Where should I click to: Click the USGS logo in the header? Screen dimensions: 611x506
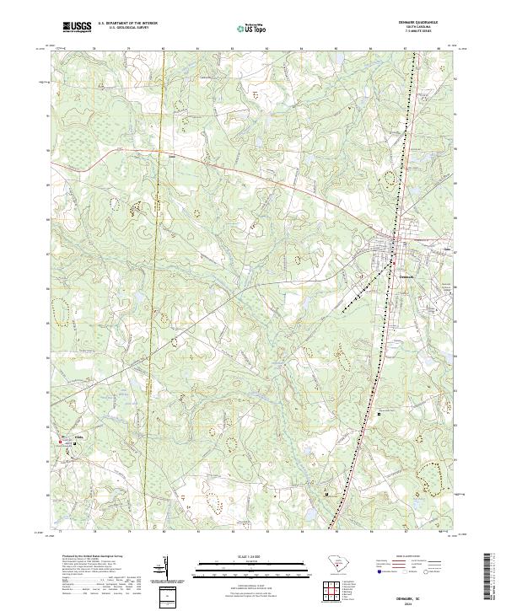77,27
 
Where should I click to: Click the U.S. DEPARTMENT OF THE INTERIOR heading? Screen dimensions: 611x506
127,23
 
